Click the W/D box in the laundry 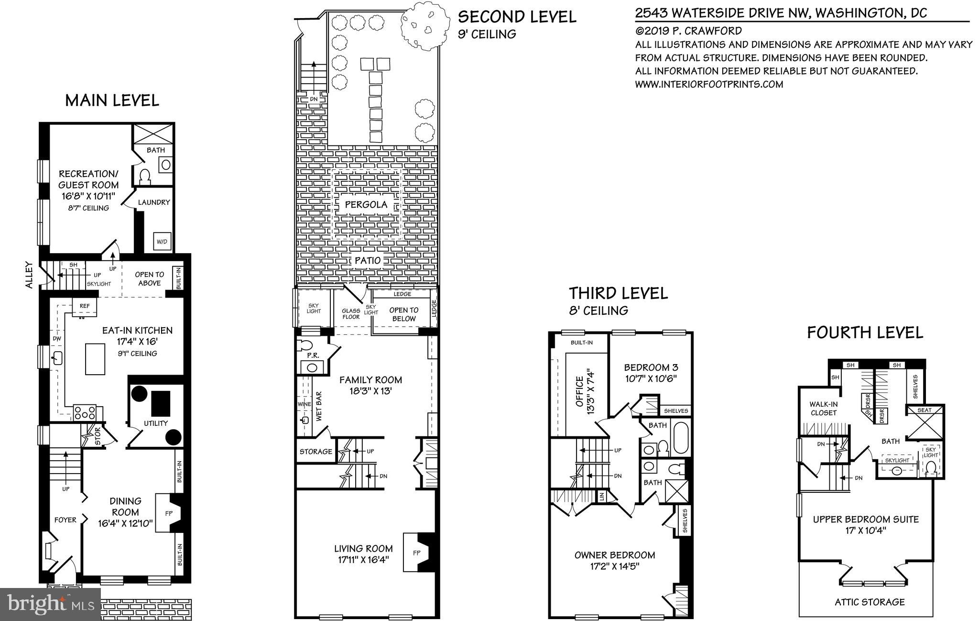point(162,242)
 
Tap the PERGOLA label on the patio point(366,205)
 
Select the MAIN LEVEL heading point(112,100)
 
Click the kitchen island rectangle point(95,359)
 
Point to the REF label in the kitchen point(85,306)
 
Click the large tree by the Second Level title point(425,24)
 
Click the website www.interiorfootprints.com point(709,84)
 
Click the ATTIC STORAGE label point(870,602)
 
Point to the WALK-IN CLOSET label point(823,408)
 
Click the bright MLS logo point(51,604)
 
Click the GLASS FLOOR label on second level point(351,314)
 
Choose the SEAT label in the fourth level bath point(925,410)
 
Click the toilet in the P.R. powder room point(305,345)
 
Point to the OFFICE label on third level point(580,391)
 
